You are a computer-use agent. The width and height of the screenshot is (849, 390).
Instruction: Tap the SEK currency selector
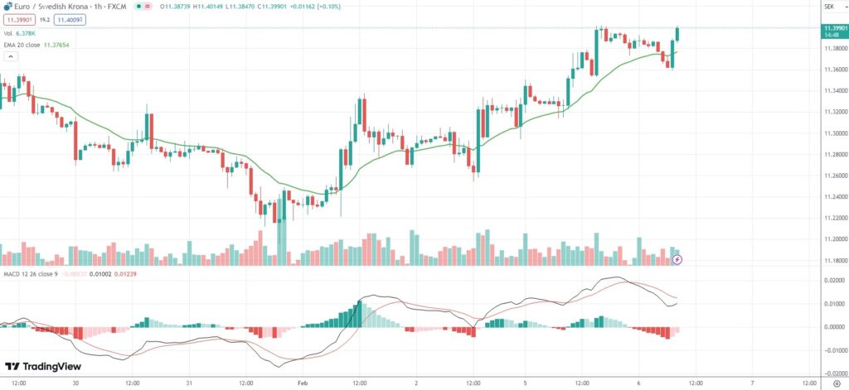coord(828,7)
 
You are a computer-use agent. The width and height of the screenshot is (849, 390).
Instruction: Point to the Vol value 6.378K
coord(26,33)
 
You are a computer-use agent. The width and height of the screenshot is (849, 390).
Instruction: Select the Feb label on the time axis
coord(302,383)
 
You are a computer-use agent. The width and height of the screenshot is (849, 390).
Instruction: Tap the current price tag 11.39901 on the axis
coord(833,29)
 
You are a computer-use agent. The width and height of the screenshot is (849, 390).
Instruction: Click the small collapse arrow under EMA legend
coord(11,57)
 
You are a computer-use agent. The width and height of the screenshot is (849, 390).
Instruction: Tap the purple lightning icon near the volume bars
coord(677,260)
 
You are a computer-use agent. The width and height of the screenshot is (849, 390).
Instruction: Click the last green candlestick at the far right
coord(678,33)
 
